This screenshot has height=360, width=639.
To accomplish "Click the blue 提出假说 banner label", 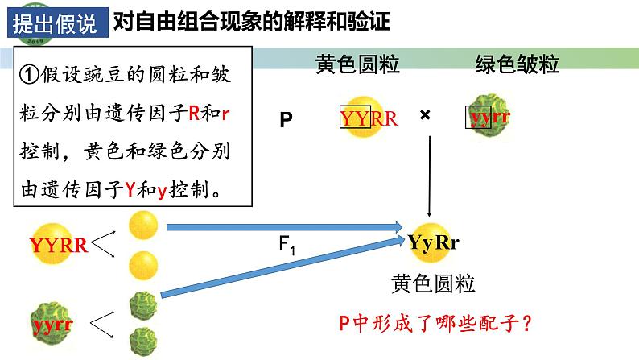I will click(55, 23).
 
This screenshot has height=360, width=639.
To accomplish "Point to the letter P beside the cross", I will click(286, 121).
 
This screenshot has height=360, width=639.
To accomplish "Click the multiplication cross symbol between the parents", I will click(425, 115).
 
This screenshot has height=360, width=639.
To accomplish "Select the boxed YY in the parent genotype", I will click(355, 118).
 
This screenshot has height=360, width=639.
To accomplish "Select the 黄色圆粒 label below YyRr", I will click(433, 283).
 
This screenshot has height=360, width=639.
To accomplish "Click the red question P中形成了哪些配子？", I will click(436, 324).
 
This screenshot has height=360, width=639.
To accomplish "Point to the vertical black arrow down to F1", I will click(431, 177).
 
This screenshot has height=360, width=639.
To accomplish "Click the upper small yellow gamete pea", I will click(142, 221).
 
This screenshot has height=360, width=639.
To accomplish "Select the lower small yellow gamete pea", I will click(142, 262).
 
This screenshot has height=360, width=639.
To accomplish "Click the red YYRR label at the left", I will click(58, 246).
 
